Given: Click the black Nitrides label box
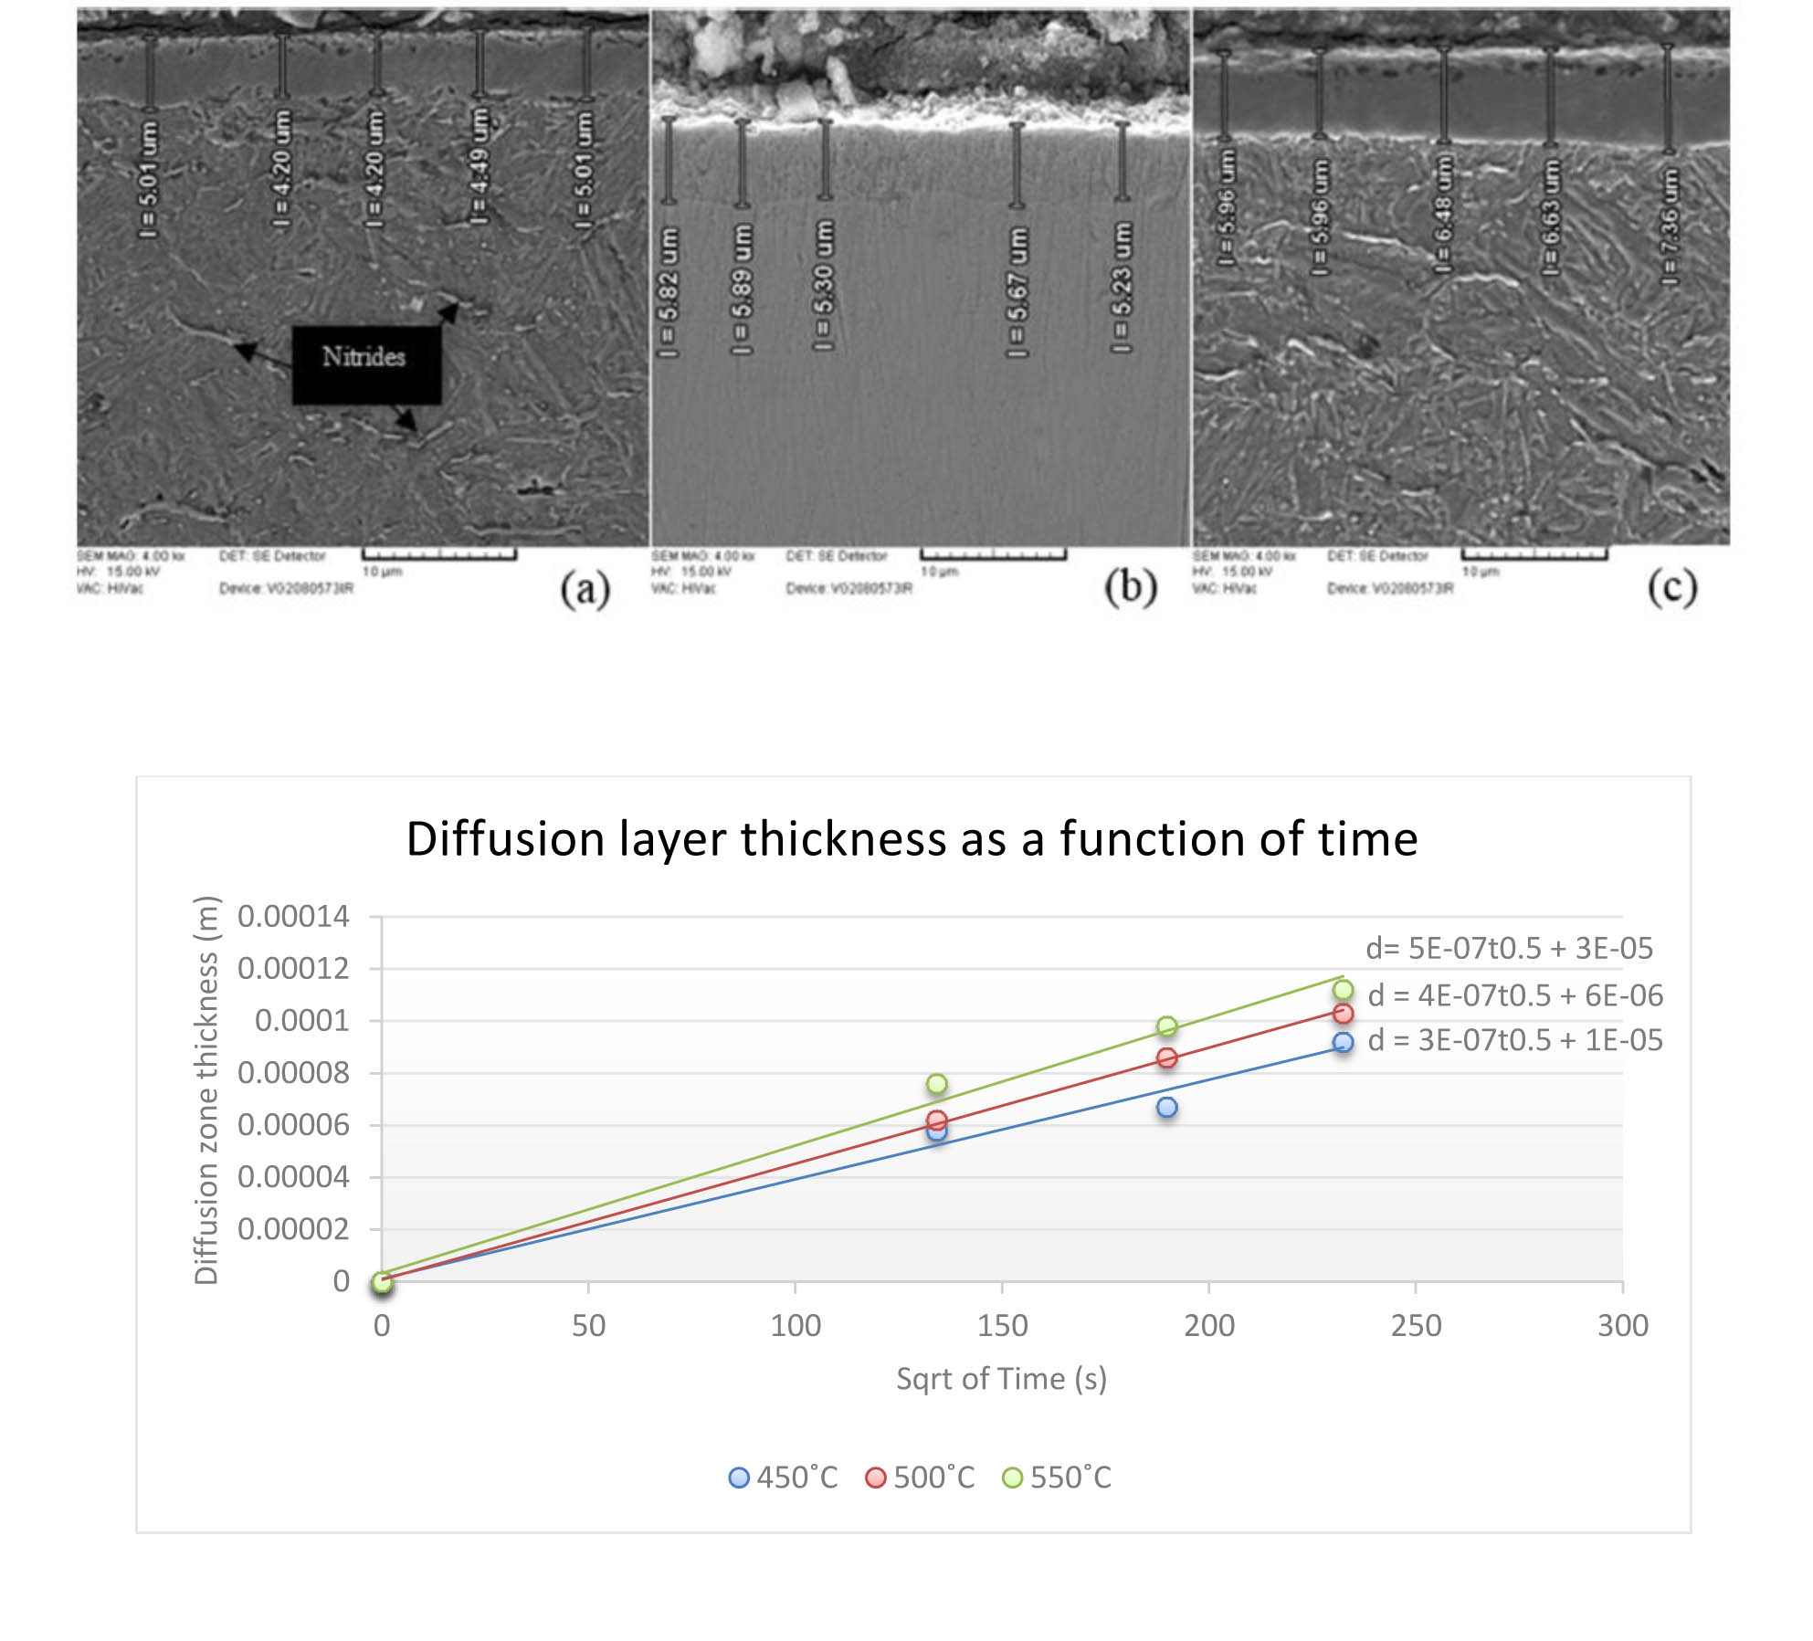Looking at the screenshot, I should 366,364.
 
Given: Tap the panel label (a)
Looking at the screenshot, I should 585,589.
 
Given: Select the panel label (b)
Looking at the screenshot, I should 1131,587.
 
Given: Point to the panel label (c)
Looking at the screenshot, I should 1672,587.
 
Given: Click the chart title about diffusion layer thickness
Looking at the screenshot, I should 912,838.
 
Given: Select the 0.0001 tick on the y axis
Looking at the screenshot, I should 301,1020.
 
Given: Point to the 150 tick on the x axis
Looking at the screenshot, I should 1002,1325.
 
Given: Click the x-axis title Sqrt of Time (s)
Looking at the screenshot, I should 1001,1378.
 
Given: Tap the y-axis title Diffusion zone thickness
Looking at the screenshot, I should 206,1090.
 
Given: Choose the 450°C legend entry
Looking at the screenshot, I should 783,1478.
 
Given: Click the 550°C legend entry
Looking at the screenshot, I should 1057,1478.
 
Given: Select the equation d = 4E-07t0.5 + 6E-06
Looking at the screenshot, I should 1515,995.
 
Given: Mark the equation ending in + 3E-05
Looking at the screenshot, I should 1509,948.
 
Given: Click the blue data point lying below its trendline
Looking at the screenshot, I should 1166,1108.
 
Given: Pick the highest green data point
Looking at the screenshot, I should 1343,990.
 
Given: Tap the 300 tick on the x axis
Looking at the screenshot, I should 1622,1325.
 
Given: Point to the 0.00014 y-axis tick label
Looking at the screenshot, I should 293,916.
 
